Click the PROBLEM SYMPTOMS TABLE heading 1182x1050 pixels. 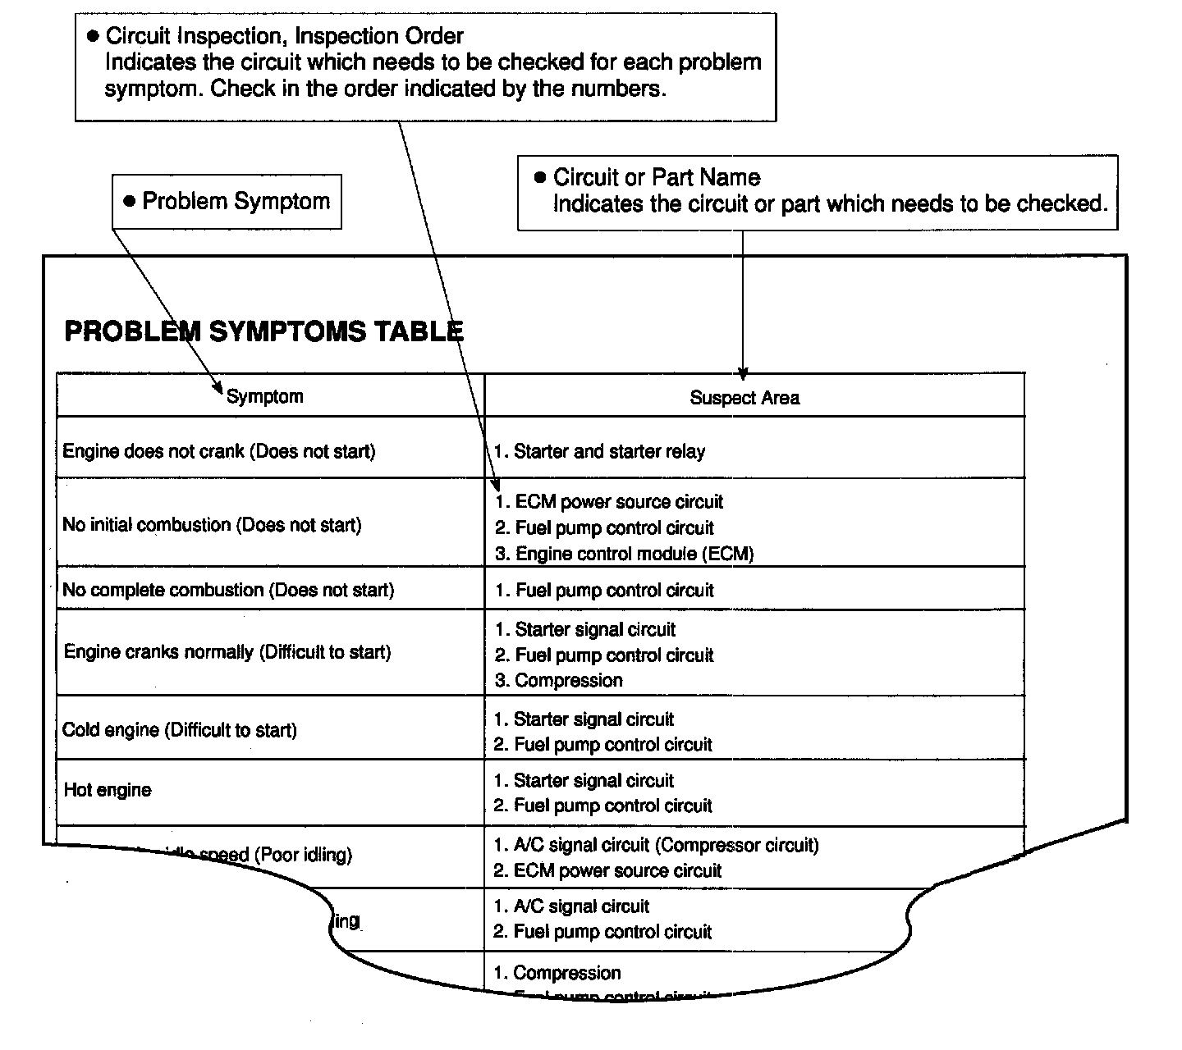click(263, 331)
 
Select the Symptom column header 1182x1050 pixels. click(264, 397)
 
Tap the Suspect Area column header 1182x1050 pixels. click(744, 398)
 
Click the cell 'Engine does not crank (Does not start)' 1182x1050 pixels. click(218, 451)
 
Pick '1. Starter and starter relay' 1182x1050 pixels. click(599, 451)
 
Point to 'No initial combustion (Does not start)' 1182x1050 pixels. click(212, 525)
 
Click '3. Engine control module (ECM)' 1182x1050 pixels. click(624, 554)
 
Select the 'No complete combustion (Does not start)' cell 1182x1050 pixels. click(228, 591)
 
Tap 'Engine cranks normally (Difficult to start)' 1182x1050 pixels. click(227, 652)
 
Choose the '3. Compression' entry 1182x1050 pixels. click(558, 681)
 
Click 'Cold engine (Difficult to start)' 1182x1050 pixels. click(180, 730)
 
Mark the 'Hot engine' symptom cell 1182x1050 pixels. click(108, 790)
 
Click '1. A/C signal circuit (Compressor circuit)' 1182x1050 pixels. click(656, 845)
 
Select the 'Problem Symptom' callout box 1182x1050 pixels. click(227, 202)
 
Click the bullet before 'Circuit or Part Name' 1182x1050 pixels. click(539, 177)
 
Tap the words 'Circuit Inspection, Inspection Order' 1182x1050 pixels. click(284, 36)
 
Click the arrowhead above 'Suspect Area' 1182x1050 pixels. click(743, 374)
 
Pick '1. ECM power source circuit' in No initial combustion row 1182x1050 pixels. click(609, 502)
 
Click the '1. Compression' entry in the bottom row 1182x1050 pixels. click(557, 973)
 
